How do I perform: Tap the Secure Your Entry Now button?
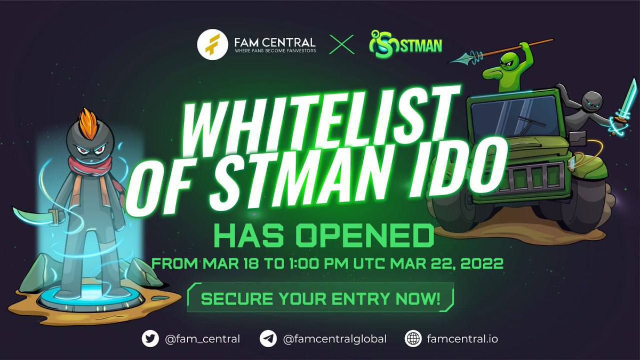click(320, 297)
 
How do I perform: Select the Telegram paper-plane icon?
click(268, 339)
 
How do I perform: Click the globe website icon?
click(413, 339)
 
